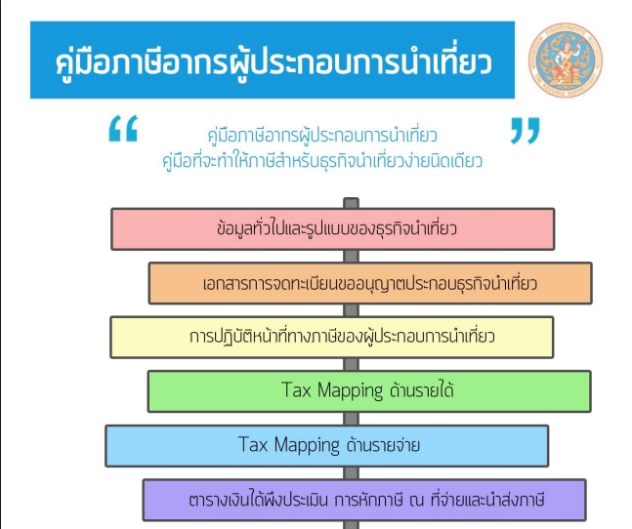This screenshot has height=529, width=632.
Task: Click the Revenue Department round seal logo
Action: click(x=566, y=60)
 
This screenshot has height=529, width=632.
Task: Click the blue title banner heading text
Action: click(x=274, y=62)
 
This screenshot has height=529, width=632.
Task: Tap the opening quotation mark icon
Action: click(x=123, y=129)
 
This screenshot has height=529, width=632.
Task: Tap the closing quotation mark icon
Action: click(x=525, y=131)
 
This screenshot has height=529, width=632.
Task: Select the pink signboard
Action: click(x=333, y=229)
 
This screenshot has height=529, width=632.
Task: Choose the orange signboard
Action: click(x=370, y=283)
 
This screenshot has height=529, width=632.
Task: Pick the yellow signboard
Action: click(x=332, y=338)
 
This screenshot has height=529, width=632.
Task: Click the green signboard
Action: click(x=369, y=391)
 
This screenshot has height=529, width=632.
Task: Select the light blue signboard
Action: click(x=327, y=446)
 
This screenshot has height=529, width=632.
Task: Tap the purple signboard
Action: click(x=364, y=500)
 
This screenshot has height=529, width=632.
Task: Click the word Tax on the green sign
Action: click(x=297, y=389)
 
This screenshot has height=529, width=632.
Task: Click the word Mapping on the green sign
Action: click(x=351, y=391)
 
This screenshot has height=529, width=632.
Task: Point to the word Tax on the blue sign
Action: click(x=253, y=444)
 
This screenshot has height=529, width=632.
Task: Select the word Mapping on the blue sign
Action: click(x=307, y=446)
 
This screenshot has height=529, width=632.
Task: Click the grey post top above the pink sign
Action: click(x=351, y=202)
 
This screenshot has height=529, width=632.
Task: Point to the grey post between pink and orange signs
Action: click(x=351, y=256)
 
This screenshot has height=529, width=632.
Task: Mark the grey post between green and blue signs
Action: click(x=351, y=419)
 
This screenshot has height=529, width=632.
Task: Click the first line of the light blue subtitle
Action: click(x=322, y=136)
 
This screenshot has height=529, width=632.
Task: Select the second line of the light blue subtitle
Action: click(x=322, y=161)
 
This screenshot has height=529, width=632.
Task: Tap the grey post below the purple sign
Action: click(x=351, y=525)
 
